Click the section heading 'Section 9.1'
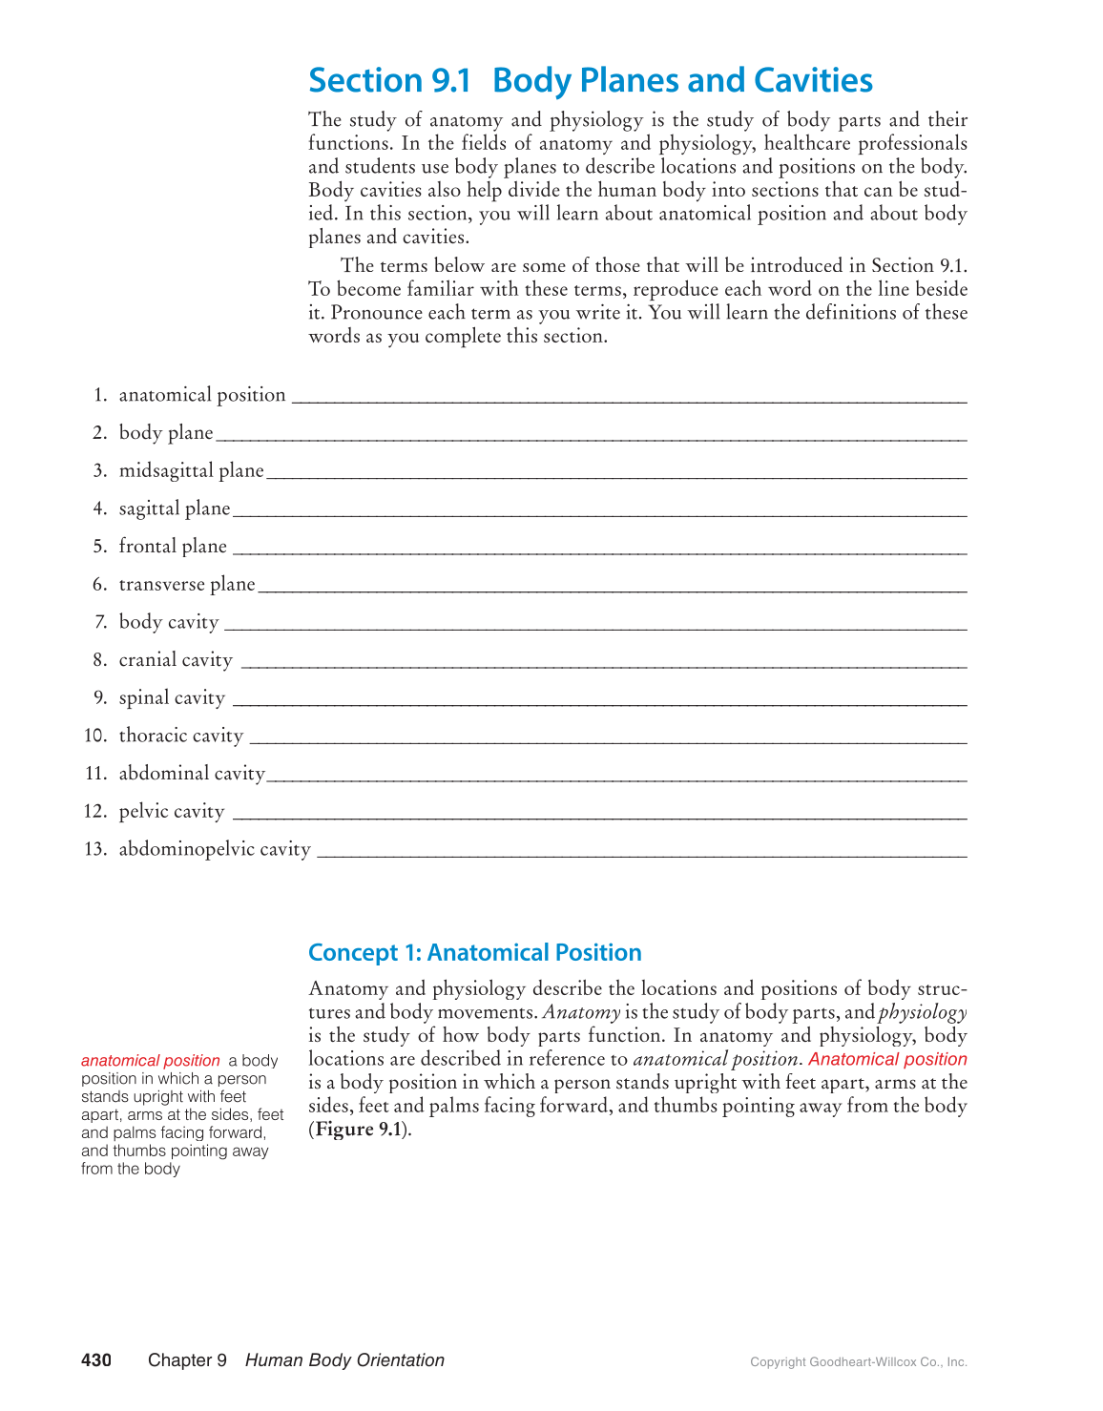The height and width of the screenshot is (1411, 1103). click(x=389, y=81)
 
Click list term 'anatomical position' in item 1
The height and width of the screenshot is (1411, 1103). click(x=202, y=395)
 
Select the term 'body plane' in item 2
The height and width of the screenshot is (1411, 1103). click(x=166, y=433)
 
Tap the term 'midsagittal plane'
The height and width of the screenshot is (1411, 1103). click(x=191, y=470)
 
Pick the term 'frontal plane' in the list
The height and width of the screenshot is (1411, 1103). click(x=173, y=547)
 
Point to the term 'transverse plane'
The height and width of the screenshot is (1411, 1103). click(x=187, y=584)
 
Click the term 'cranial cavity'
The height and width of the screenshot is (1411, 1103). click(x=176, y=660)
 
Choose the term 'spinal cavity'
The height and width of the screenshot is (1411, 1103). click(x=172, y=698)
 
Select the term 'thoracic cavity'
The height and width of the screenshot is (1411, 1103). click(x=181, y=736)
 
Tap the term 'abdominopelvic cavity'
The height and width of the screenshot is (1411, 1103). click(x=215, y=849)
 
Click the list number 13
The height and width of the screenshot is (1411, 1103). click(x=95, y=849)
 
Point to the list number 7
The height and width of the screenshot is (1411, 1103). click(x=100, y=622)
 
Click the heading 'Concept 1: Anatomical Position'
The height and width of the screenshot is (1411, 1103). click(x=475, y=953)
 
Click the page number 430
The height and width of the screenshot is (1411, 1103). click(x=96, y=1360)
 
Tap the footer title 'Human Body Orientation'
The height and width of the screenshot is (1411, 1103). click(x=344, y=1360)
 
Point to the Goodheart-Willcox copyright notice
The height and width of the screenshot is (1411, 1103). click(x=859, y=1362)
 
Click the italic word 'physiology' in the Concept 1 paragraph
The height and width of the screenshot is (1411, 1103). click(x=923, y=1012)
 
